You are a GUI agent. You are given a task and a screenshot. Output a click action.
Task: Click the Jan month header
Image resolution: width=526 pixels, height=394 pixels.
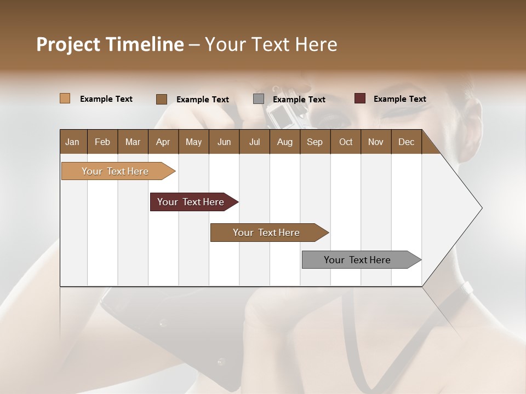click(73, 142)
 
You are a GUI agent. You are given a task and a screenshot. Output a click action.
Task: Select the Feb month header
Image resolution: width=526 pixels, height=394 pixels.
click(102, 142)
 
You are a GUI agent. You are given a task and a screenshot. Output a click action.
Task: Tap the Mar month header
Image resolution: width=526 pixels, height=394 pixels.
click(133, 142)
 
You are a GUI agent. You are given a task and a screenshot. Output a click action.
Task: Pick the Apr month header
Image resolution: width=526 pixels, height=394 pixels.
click(163, 142)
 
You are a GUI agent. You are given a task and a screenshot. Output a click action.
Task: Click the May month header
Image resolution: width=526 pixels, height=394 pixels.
click(193, 142)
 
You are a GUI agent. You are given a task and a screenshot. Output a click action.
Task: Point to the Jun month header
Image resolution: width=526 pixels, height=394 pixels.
click(224, 142)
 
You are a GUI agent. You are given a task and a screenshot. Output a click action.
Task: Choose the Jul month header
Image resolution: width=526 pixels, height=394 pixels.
click(254, 142)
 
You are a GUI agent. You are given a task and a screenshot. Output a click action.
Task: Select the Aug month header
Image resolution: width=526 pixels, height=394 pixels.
click(284, 142)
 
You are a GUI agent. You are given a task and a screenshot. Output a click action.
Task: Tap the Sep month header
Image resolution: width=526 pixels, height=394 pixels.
click(315, 142)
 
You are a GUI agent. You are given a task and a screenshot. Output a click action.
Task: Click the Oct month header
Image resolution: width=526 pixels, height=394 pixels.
click(346, 142)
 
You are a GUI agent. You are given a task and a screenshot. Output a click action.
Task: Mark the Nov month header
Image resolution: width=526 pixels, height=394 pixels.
click(375, 142)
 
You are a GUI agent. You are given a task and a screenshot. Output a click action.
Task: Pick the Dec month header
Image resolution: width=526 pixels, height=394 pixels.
click(406, 142)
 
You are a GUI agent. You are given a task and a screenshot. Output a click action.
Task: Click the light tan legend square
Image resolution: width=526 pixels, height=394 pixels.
click(65, 99)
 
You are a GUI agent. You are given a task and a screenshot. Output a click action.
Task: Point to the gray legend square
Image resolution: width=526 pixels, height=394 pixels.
click(259, 99)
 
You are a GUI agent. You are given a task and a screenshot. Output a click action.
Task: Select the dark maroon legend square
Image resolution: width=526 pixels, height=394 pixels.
click(360, 99)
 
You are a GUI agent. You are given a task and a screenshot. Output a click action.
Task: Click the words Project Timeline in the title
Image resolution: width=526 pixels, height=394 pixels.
click(110, 44)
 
